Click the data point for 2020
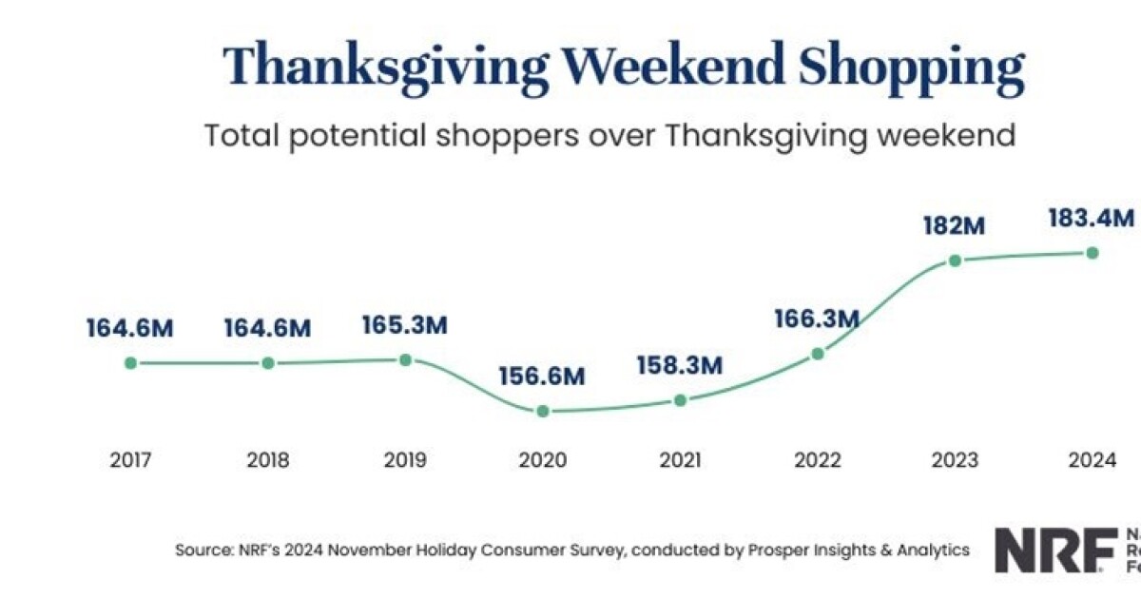point(542,411)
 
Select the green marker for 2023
point(956,260)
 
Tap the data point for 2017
point(130,362)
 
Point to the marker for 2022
point(818,354)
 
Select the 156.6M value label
point(542,376)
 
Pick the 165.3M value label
point(405,325)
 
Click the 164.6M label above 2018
point(267,328)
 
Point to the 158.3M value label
point(680,364)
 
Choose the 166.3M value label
point(817,319)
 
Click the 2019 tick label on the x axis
point(405,460)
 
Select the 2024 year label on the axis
point(1092,460)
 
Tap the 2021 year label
point(680,460)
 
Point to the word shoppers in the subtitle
point(502,135)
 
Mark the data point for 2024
point(1093,252)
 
